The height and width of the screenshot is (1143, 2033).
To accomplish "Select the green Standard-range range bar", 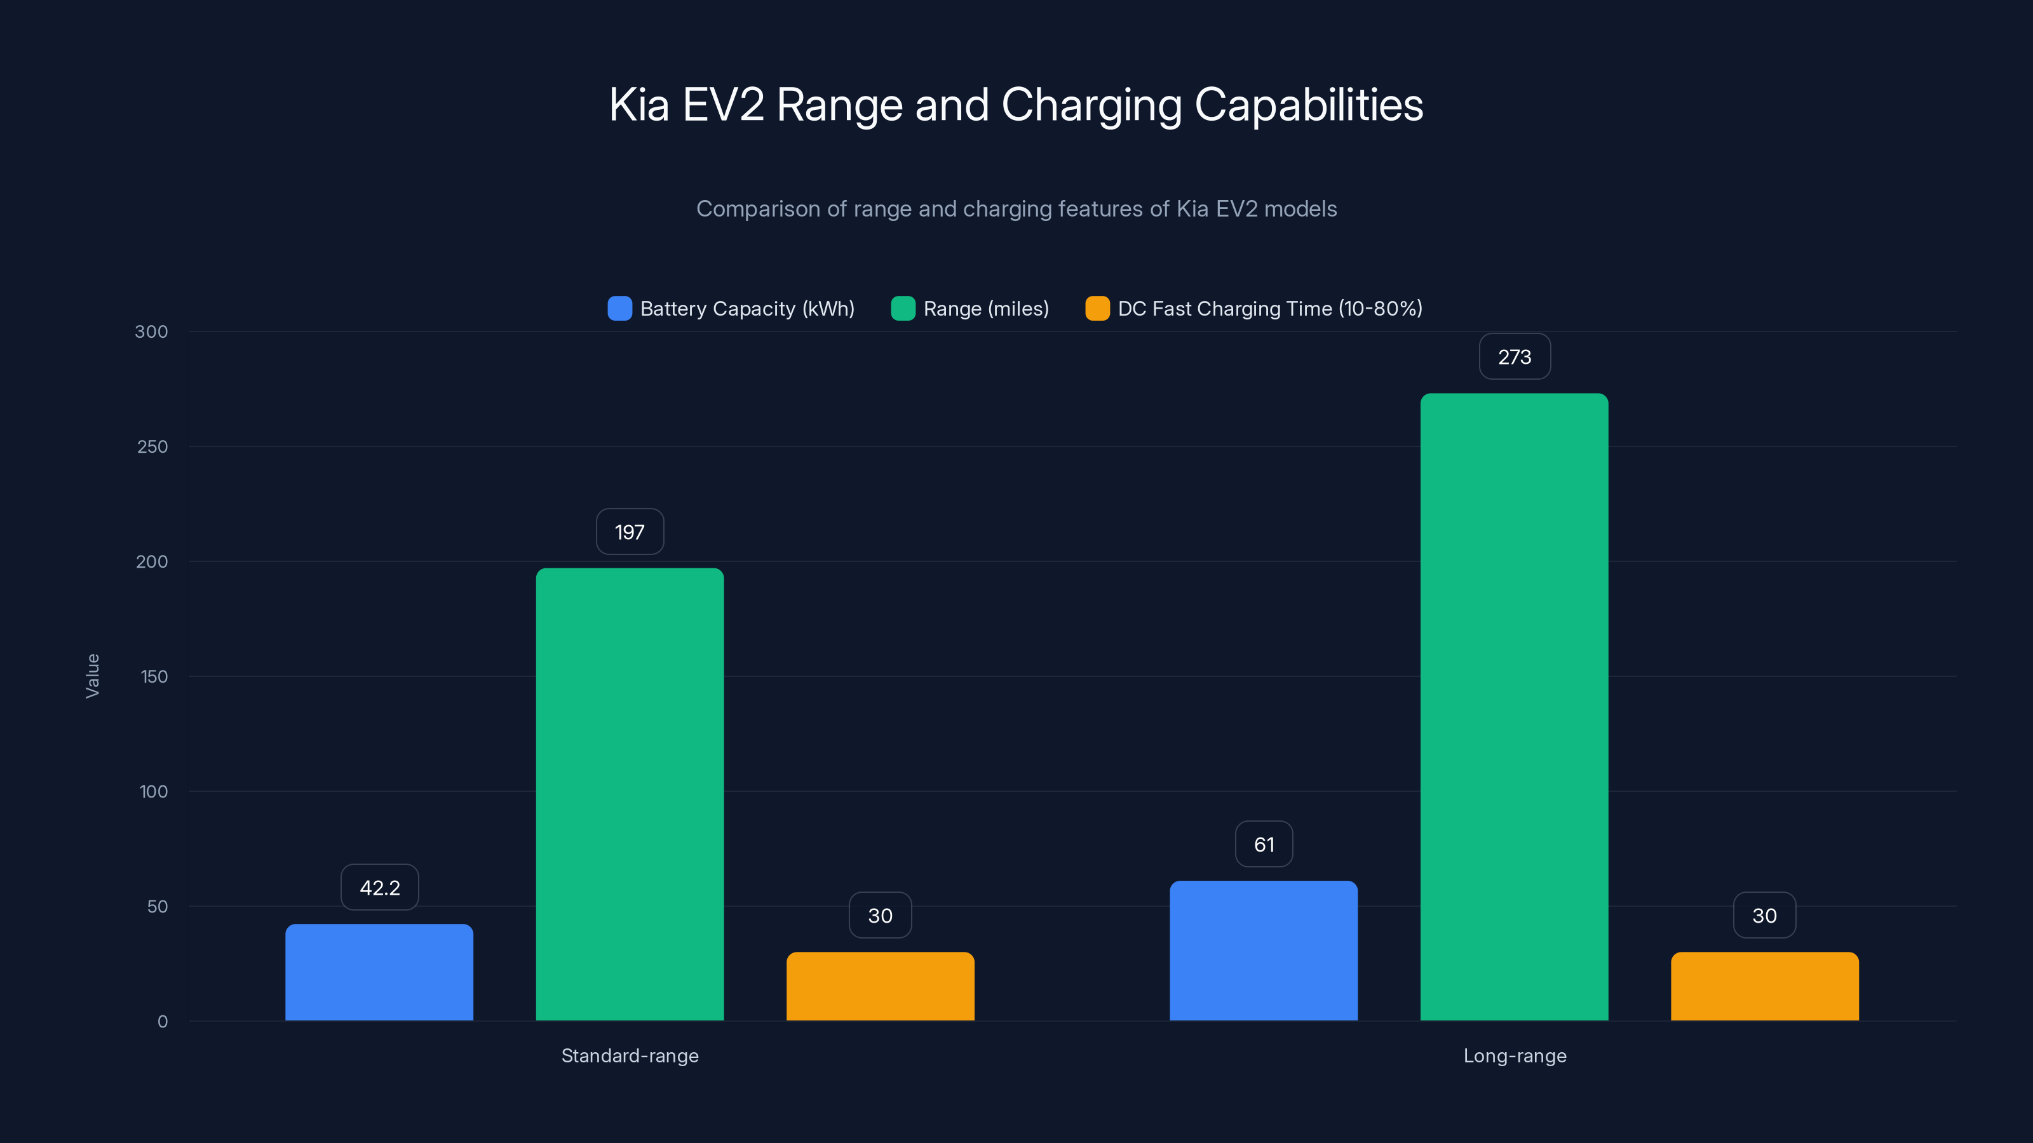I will (x=629, y=794).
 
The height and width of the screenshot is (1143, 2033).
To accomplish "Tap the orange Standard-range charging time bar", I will (x=880, y=986).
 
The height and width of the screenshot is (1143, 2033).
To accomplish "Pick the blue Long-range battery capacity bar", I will (x=1264, y=951).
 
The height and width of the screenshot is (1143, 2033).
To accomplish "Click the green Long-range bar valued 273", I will (x=1514, y=707).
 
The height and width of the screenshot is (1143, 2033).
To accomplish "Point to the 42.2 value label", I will (x=380, y=888).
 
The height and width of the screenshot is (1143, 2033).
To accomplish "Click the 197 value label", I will (x=629, y=531).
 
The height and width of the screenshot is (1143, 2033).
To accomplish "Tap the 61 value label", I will (x=1264, y=844).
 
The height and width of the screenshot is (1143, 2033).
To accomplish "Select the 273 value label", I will (x=1514, y=356).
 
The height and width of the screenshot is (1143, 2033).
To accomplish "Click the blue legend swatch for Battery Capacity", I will (x=619, y=309).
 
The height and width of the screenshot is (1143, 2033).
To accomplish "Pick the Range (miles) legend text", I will (x=986, y=309).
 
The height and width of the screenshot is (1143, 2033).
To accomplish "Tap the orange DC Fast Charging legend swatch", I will (x=1097, y=309).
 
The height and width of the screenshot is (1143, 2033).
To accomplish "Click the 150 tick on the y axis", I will (x=153, y=676).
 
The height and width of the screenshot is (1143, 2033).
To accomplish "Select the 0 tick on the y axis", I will (x=162, y=1020).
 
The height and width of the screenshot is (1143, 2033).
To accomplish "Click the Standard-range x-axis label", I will (x=629, y=1055).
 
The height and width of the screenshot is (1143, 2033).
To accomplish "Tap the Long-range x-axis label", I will (x=1514, y=1055).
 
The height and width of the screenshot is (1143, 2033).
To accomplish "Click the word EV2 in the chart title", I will (x=723, y=105).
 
